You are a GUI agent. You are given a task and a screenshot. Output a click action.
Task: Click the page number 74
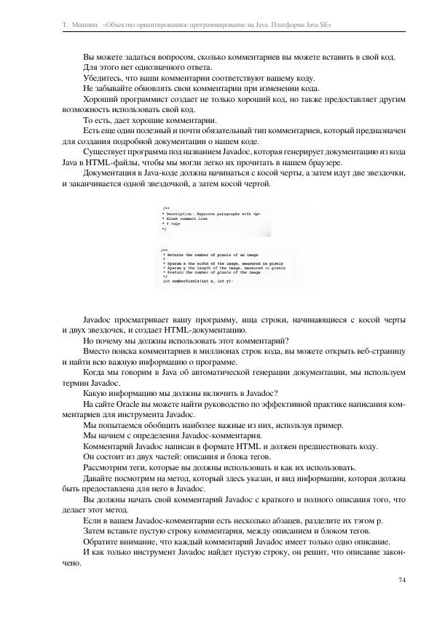point(402,579)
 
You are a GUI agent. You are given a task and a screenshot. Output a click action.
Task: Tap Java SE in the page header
point(319,25)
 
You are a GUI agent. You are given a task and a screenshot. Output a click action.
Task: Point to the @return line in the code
point(211,272)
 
